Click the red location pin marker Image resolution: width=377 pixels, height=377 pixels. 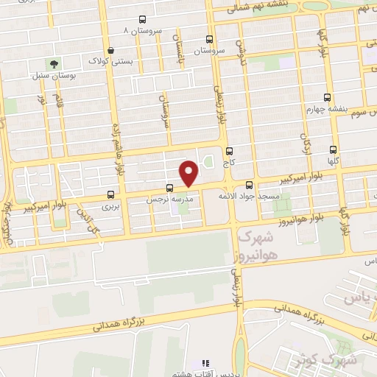tap(189, 174)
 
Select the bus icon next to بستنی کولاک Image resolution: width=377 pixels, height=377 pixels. tap(93, 52)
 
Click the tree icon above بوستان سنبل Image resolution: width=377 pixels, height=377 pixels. tap(52, 64)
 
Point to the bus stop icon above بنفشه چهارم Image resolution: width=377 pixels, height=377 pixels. tap(327, 97)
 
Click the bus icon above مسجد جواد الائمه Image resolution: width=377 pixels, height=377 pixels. tap(249, 185)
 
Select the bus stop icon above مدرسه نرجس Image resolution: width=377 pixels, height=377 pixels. tap(170, 188)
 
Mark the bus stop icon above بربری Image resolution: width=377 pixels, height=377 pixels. tap(110, 195)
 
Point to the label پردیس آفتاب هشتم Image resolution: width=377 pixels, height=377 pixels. tap(207, 373)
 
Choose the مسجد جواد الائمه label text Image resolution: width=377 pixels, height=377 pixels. tap(247, 197)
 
